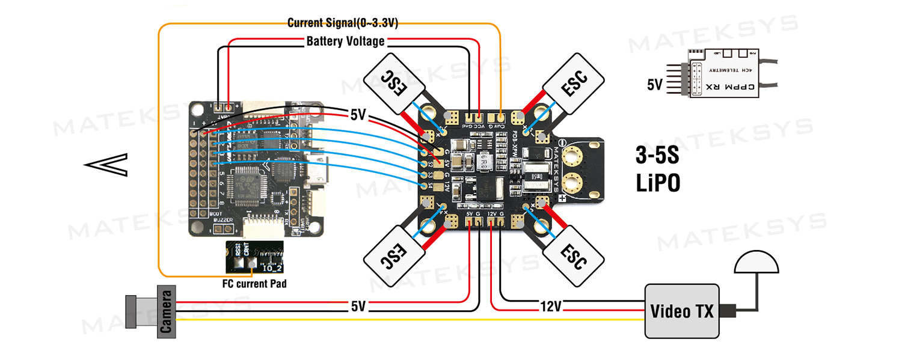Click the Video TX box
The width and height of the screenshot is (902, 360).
pyautogui.click(x=681, y=311)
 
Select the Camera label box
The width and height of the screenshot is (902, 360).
pyautogui.click(x=167, y=310)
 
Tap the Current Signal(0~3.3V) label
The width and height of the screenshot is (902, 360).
pyautogui.click(x=342, y=23)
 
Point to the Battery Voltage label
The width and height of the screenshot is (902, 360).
pyautogui.click(x=345, y=41)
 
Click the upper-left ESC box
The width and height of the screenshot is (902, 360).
pyautogui.click(x=394, y=84)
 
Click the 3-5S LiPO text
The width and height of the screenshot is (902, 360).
pyautogui.click(x=658, y=169)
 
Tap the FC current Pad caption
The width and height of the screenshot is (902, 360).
pyautogui.click(x=253, y=283)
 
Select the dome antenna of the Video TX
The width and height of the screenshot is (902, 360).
pyautogui.click(x=756, y=263)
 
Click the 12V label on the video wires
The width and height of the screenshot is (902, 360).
pyautogui.click(x=550, y=307)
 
